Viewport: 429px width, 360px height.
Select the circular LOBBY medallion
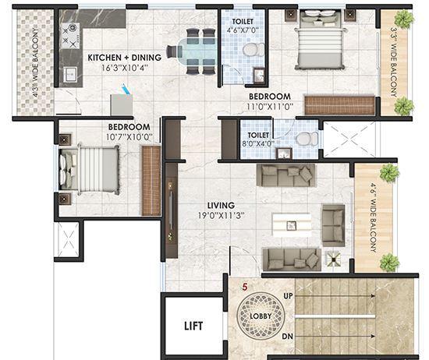pyautogui.click(x=261, y=316)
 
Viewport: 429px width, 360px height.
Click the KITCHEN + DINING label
pyautogui.click(x=124, y=58)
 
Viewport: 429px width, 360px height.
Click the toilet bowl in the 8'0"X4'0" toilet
pyautogui.click(x=305, y=139)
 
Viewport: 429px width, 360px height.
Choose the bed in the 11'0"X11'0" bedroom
pyautogui.click(x=318, y=47)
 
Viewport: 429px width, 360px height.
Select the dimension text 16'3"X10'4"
pyautogui.click(x=125, y=68)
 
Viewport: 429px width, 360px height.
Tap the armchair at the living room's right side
pyautogui.click(x=333, y=221)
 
